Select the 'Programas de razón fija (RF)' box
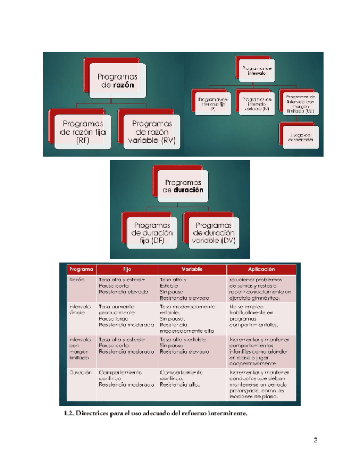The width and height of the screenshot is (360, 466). coord(82,132)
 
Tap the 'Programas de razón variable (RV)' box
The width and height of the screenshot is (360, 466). coord(151,132)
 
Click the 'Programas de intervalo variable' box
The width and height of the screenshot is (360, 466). coord(256,103)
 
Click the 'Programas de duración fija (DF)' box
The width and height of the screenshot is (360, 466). coord(153,232)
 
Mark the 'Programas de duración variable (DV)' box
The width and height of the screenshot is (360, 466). coord(213,232)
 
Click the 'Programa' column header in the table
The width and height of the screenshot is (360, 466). coord(80,269)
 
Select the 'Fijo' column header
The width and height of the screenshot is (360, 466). coord(127,269)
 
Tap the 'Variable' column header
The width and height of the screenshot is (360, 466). coord(192,269)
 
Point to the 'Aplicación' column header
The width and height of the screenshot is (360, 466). coord(261,269)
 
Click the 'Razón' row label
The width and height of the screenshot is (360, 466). coord(76,279)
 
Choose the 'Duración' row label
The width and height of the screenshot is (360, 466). coord(79,372)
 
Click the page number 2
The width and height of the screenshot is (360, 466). coord(315,440)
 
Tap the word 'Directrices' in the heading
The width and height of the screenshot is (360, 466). coord(93,413)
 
